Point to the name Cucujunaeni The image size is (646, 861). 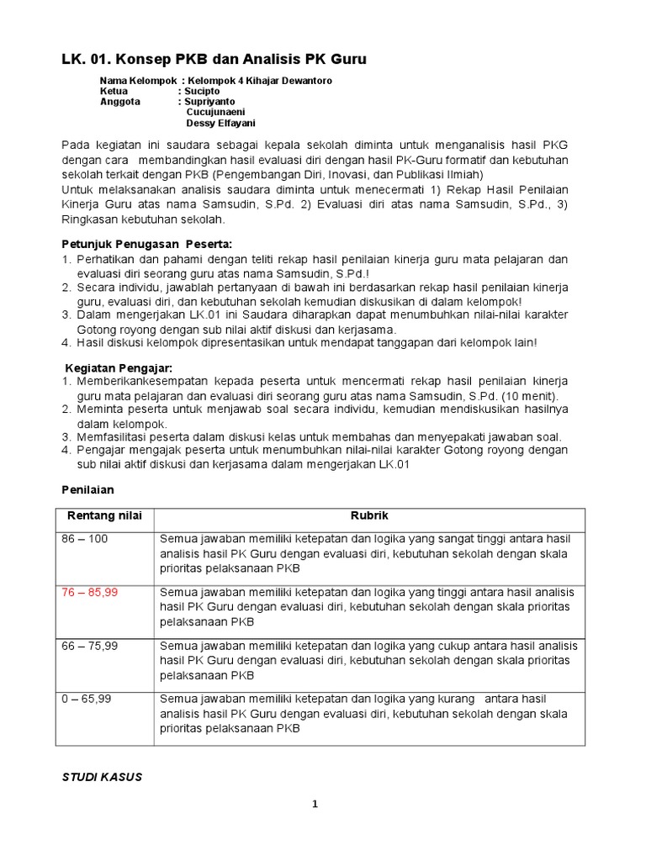coord(221,112)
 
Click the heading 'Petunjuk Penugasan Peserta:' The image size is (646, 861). coord(146,244)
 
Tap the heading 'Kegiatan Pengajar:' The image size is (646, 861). coord(118,367)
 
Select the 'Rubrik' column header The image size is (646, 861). coord(369,515)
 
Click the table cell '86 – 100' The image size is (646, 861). coord(84,539)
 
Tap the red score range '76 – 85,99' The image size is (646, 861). coord(90,592)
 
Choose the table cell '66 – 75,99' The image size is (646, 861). coord(90,645)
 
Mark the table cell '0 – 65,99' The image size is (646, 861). coord(87,698)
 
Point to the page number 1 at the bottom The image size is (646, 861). coord(315,805)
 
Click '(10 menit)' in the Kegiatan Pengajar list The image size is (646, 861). coord(528,396)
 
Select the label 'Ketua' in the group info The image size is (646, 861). coord(114,90)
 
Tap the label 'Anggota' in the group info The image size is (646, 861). coord(119,101)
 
